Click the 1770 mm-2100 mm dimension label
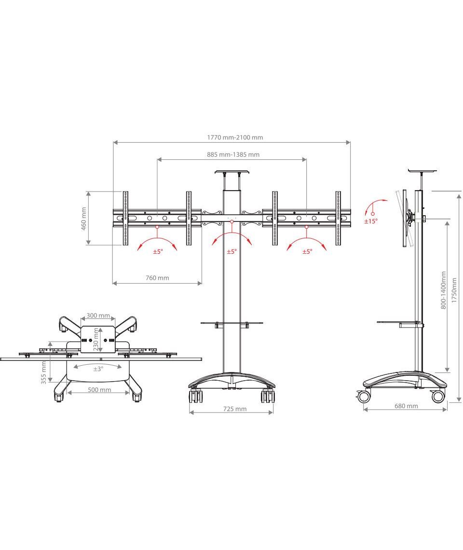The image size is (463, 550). (235, 137)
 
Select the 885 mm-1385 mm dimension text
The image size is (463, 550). (233, 154)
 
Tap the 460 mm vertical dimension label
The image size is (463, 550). (84, 219)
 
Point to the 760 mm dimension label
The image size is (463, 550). (157, 278)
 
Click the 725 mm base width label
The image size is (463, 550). (235, 409)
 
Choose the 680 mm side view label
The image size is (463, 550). (406, 406)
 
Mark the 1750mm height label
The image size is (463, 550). (454, 290)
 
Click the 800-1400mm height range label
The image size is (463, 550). (443, 290)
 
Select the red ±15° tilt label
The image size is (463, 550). (371, 221)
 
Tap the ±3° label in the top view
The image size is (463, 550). (98, 369)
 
